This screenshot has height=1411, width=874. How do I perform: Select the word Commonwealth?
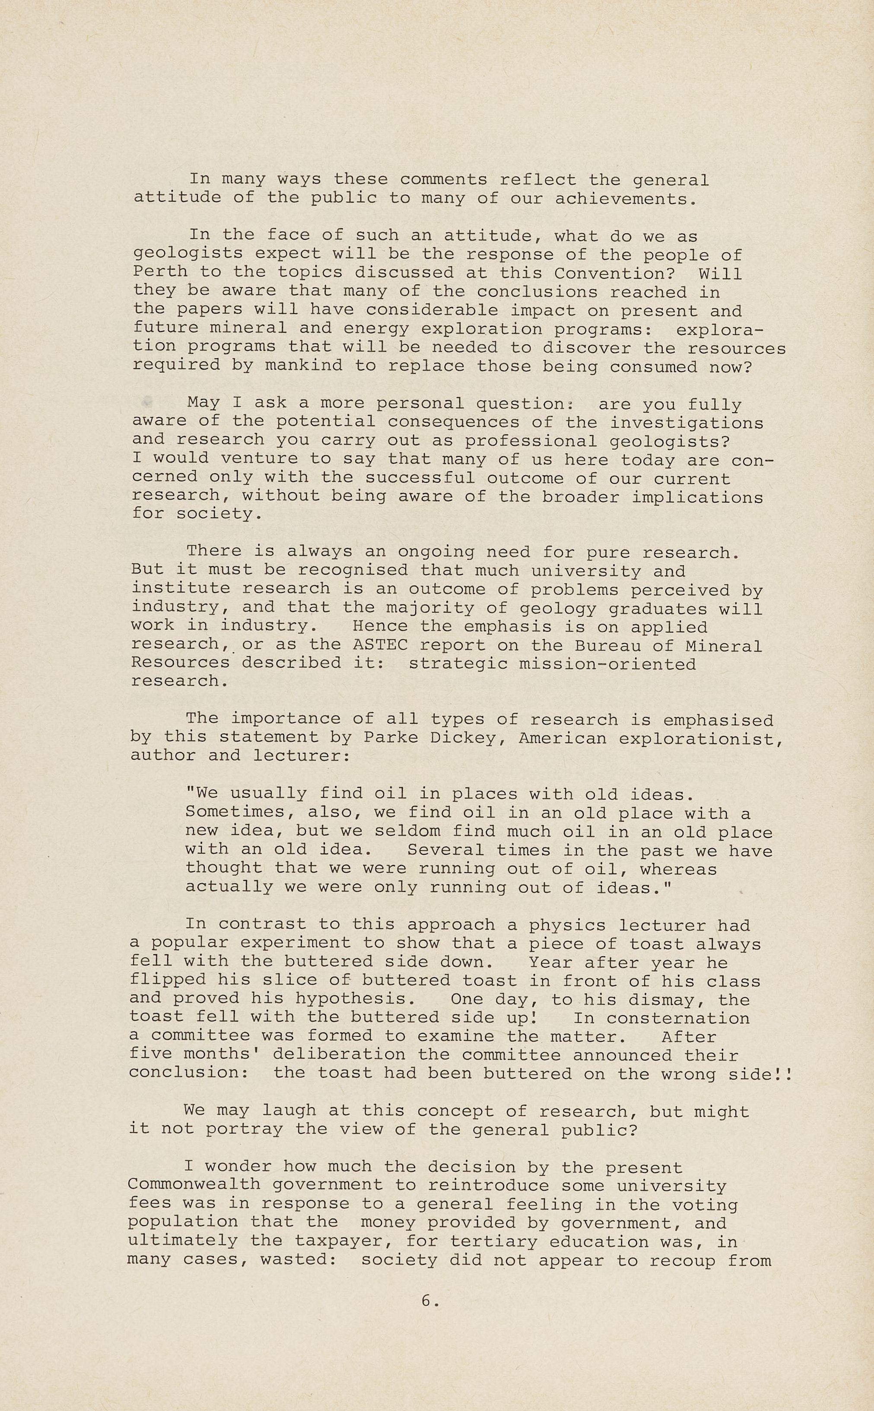(194, 1185)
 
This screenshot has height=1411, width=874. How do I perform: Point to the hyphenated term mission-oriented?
(607, 664)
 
